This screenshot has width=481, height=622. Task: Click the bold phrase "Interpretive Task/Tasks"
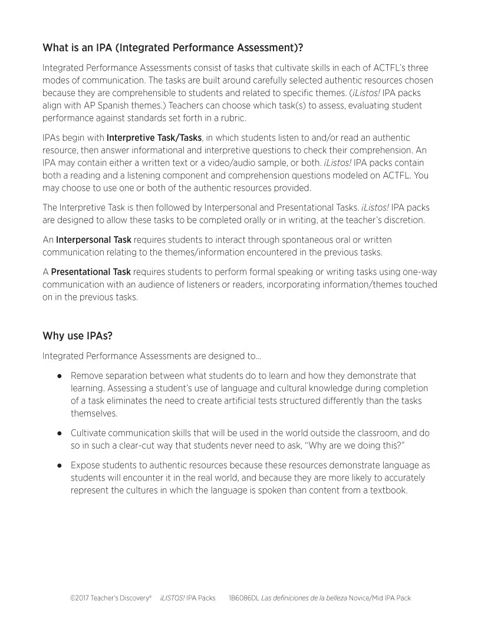[x=154, y=138]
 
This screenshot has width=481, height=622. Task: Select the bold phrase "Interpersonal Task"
[x=93, y=240]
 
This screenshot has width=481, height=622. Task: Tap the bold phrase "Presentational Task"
[x=91, y=272]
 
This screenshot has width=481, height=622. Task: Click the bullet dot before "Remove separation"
[x=60, y=376]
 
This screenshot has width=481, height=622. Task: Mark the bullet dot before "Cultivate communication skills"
[x=60, y=433]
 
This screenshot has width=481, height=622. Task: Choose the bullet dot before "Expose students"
[x=60, y=465]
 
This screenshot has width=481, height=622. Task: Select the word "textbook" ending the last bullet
[x=388, y=490]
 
